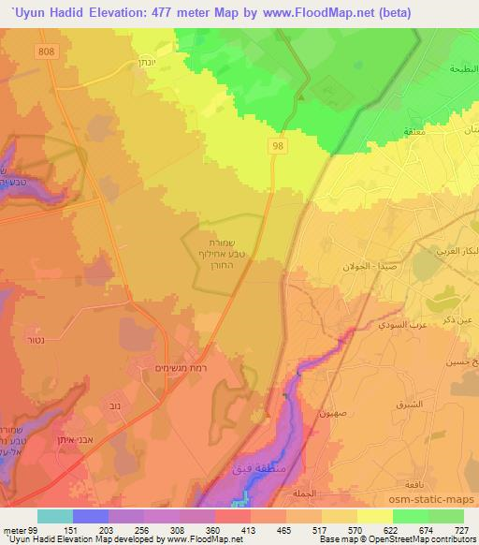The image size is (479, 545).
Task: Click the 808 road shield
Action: tap(48, 51)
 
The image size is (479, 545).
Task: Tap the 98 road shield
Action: tap(279, 144)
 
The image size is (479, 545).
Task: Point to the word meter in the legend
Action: tap(13, 529)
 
